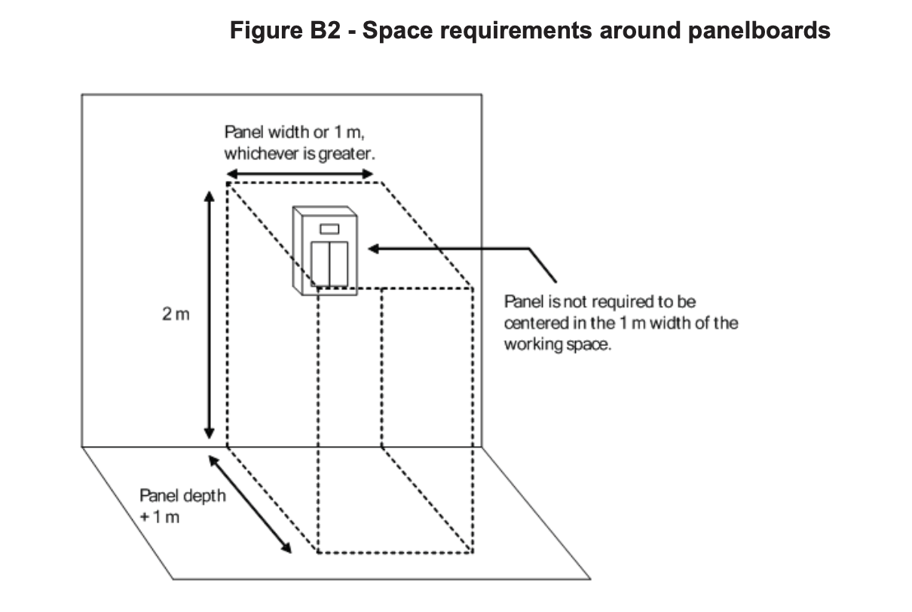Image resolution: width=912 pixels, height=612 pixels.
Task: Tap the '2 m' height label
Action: point(176,314)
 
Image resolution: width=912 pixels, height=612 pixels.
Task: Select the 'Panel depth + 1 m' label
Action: point(182,506)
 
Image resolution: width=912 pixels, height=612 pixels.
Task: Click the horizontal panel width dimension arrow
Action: point(300,174)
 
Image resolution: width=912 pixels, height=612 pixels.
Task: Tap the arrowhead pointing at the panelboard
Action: point(374,248)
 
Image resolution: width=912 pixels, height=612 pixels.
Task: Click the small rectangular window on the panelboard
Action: point(329,228)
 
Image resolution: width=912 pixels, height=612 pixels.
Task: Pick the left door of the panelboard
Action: point(320,263)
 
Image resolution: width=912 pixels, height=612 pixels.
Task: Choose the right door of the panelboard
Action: point(338,263)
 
